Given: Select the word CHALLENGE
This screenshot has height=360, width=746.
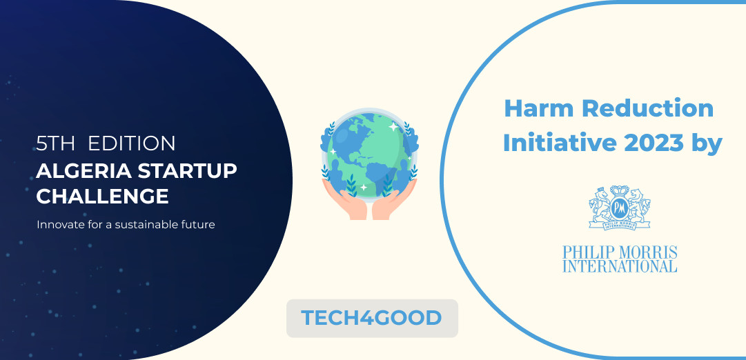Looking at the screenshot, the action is pos(102,197).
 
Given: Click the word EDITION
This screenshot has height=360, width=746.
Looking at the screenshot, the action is pos(132,144).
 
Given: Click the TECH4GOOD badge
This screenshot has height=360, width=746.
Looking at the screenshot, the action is pos(372,318).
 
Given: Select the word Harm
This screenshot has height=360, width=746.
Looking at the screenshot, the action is pos(536,109).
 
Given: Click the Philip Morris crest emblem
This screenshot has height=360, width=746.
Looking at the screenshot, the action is pos(619,208).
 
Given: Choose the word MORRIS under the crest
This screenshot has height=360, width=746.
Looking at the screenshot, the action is pos(648,252).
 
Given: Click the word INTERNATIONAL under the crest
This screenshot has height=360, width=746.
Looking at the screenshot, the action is pos(620,266).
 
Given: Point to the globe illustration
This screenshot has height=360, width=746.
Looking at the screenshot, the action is pos(370,153).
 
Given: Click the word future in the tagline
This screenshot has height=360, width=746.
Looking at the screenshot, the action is pos(200,224).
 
